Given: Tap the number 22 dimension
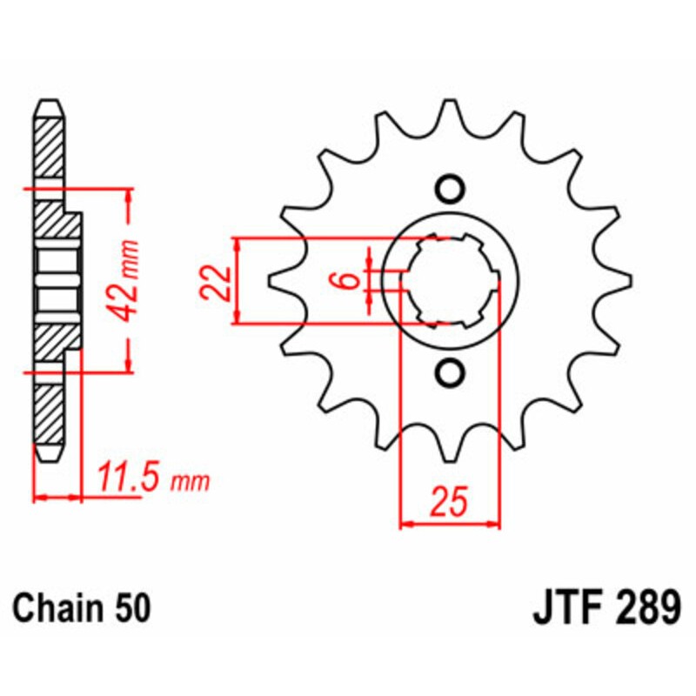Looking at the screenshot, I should click(217, 281).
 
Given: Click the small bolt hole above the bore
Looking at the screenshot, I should click(450, 189).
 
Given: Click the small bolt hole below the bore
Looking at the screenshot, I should click(450, 373).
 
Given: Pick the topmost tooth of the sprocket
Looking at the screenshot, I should click(450, 113).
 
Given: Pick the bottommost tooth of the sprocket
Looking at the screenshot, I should click(450, 448).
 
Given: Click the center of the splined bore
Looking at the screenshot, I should click(450, 281).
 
